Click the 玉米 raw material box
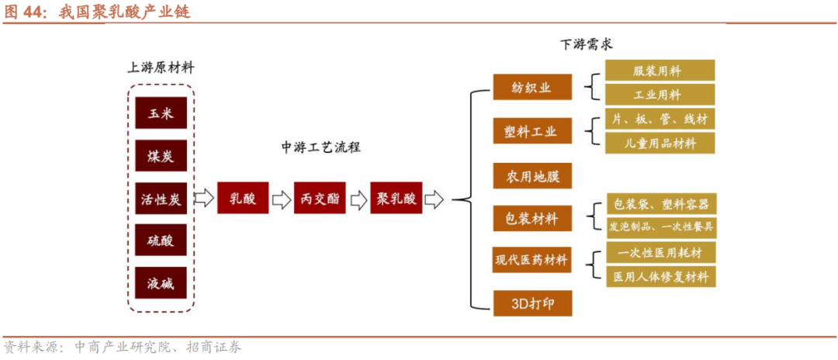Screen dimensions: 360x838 tap(161, 113)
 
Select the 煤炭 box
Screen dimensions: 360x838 tap(161, 156)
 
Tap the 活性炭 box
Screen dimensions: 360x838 tap(161, 199)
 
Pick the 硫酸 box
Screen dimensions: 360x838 tap(161, 241)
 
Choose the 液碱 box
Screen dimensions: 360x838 tap(161, 283)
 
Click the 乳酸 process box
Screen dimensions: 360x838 tap(242, 199)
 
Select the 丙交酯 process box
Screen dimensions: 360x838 tap(319, 199)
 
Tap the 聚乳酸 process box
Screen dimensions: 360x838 tap(396, 199)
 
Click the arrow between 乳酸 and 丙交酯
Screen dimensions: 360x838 tap(280, 199)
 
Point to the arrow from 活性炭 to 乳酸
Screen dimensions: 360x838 tap(203, 199)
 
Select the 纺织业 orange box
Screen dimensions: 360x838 tap(532, 88)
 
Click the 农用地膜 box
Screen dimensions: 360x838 tap(532, 175)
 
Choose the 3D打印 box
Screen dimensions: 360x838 tap(532, 302)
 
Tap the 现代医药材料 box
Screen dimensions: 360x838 tap(532, 260)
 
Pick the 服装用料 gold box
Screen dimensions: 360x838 tap(660, 71)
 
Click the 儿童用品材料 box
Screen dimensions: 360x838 tap(660, 143)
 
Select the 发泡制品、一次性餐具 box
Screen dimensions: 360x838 tap(660, 227)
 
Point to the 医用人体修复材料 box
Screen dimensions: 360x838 tap(660, 276)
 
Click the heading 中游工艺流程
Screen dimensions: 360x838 tap(320, 147)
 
